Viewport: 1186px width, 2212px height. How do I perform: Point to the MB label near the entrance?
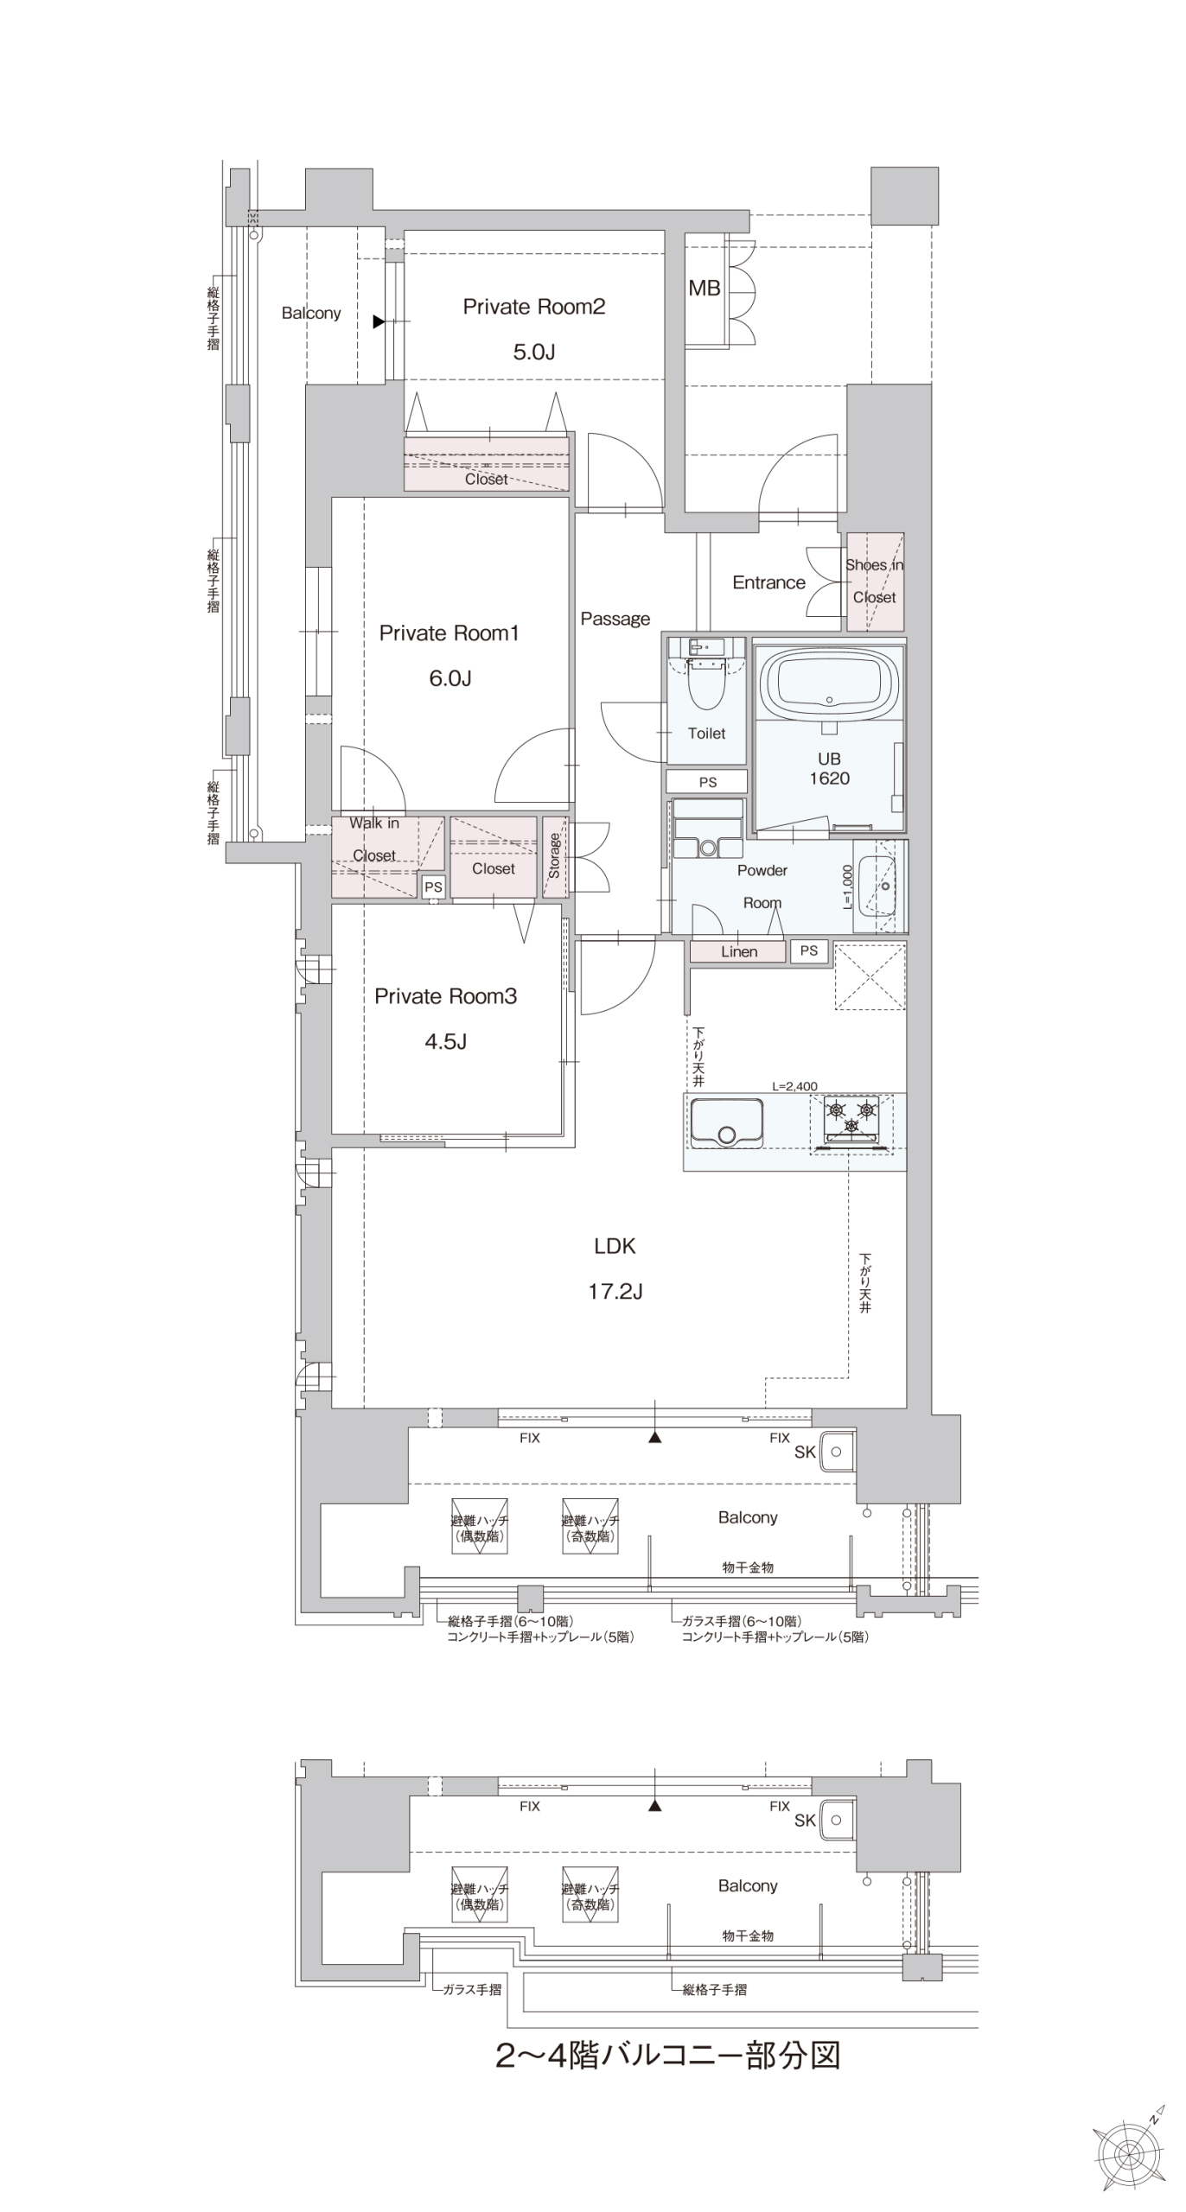pyautogui.click(x=705, y=289)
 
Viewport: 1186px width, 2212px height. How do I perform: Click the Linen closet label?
pyautogui.click(x=739, y=951)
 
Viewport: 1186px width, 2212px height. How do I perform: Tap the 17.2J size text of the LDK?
pyautogui.click(x=615, y=1292)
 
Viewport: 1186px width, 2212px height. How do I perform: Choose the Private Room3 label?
pyautogui.click(x=445, y=996)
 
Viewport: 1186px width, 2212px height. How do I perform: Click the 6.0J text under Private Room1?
pyautogui.click(x=450, y=678)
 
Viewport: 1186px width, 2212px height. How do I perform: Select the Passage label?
pyautogui.click(x=615, y=619)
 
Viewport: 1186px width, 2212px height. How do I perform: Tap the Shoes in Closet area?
pyautogui.click(x=875, y=582)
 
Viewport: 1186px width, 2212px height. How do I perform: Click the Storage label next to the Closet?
pyautogui.click(x=554, y=855)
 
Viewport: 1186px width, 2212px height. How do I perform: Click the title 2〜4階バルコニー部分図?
pyautogui.click(x=667, y=2056)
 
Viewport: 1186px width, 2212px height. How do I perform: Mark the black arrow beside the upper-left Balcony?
pyautogui.click(x=379, y=321)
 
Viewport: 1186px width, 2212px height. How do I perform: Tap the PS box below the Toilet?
pyautogui.click(x=707, y=782)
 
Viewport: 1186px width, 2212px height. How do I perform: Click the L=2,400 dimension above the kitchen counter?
pyautogui.click(x=794, y=1086)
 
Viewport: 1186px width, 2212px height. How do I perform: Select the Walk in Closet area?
pyautogui.click(x=374, y=855)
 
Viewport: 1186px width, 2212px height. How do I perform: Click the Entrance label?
pyautogui.click(x=768, y=582)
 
